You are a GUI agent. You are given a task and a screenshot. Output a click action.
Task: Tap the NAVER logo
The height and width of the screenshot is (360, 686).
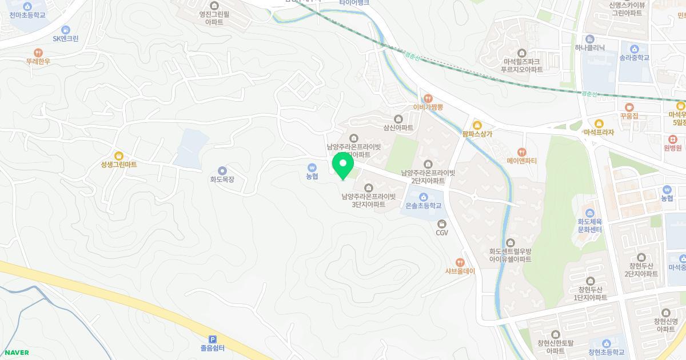click(17, 353)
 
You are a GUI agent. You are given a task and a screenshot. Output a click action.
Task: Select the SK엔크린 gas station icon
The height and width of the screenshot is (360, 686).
click(66, 30)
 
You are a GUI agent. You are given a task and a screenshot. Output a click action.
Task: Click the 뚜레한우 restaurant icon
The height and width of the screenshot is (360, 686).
click(38, 52)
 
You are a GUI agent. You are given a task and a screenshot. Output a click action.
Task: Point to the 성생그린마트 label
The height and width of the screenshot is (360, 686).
click(119, 165)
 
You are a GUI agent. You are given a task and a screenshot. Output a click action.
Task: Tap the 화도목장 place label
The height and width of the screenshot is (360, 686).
click(222, 179)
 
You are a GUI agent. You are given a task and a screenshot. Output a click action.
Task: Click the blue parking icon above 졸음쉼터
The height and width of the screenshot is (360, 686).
click(212, 339)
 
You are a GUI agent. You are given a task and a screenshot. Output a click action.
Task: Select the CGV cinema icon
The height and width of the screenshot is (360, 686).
click(441, 225)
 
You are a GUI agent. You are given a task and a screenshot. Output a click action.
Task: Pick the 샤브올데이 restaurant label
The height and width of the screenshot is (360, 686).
click(460, 271)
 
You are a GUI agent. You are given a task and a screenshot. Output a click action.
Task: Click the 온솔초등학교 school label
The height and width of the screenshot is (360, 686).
click(423, 206)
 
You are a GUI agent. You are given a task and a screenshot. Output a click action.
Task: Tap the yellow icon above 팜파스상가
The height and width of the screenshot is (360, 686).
click(477, 125)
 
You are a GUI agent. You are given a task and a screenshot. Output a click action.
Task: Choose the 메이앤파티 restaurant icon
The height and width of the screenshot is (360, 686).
click(521, 152)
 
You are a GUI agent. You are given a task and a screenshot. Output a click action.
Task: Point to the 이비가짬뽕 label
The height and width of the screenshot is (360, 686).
click(428, 107)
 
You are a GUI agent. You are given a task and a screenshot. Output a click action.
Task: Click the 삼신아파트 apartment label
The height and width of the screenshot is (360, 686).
click(398, 128)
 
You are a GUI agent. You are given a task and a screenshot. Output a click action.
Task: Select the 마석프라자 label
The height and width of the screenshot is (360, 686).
click(599, 133)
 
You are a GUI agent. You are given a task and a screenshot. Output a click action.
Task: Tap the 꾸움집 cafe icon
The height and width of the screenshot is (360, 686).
click(629, 107)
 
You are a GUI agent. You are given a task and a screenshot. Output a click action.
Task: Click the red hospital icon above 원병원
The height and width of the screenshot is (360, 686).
click(673, 139)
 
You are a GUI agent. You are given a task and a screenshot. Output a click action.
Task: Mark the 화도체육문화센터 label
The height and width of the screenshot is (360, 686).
click(590, 226)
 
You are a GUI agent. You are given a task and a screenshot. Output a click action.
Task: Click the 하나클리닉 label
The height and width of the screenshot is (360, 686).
click(589, 48)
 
